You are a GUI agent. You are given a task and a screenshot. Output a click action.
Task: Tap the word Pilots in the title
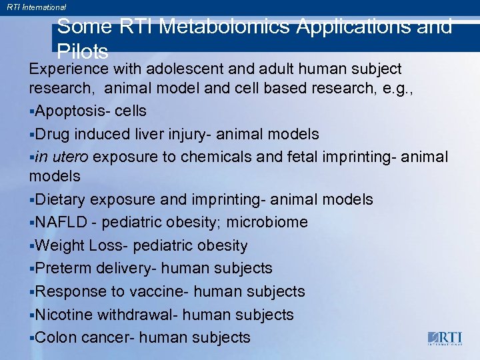(x=83, y=52)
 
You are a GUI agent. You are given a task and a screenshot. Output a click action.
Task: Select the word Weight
(x=59, y=245)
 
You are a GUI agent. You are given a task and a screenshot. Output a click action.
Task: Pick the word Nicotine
(x=65, y=314)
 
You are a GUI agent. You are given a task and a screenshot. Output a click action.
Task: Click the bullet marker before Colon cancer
(x=31, y=338)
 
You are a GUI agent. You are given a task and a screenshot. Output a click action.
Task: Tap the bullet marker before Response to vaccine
(x=31, y=292)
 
